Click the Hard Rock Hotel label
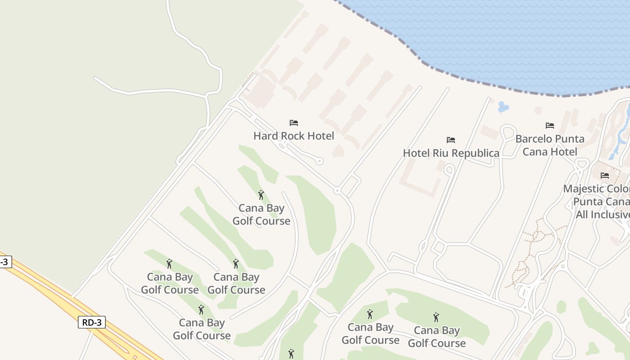pyautogui.click(x=293, y=136)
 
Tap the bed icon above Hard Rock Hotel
pyautogui.click(x=294, y=123)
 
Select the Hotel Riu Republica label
pyautogui.click(x=451, y=153)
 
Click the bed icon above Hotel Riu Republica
pyautogui.click(x=451, y=140)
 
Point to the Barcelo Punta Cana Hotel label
pyautogui.click(x=550, y=145)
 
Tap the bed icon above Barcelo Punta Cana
pyautogui.click(x=550, y=126)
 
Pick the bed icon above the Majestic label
pyautogui.click(x=605, y=175)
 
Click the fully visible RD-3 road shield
pyautogui.click(x=92, y=322)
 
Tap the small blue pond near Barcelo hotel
pyautogui.click(x=503, y=107)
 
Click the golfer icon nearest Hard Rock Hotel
pyautogui.click(x=261, y=195)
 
